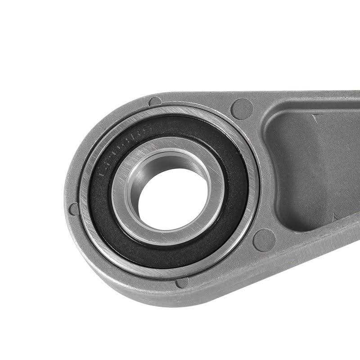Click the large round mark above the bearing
click(x=242, y=108)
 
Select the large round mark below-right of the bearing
click(x=264, y=239)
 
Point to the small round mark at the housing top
click(x=155, y=102)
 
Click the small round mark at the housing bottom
click(x=182, y=283)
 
